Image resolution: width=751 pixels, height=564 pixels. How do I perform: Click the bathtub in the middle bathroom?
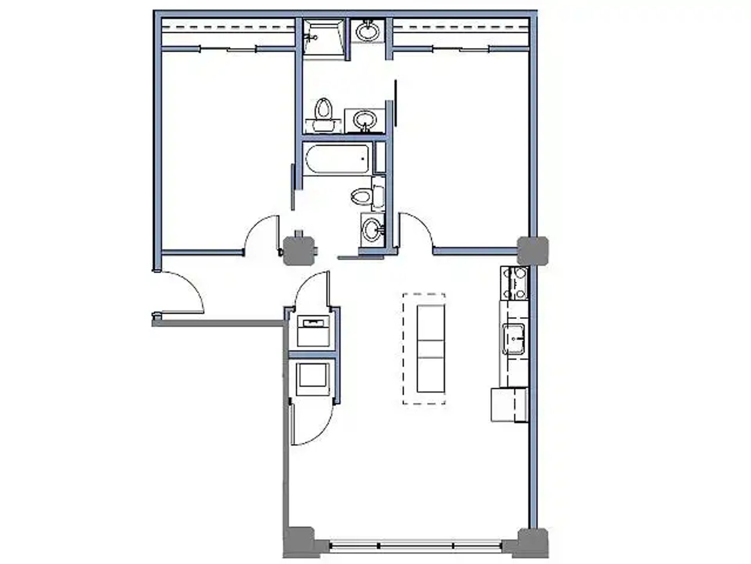click(x=336, y=159)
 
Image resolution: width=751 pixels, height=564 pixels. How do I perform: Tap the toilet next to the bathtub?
click(x=368, y=195)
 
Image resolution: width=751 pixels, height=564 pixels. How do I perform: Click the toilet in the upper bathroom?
click(x=323, y=114)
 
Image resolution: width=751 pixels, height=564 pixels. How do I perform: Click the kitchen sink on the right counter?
click(x=514, y=339)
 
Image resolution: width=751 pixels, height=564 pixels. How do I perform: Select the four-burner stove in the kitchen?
click(x=514, y=283)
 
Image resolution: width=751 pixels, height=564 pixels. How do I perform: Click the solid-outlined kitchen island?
click(x=431, y=349)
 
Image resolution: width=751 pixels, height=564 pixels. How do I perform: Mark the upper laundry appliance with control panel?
click(x=313, y=331)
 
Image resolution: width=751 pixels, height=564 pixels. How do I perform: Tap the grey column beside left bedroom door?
click(x=299, y=251)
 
